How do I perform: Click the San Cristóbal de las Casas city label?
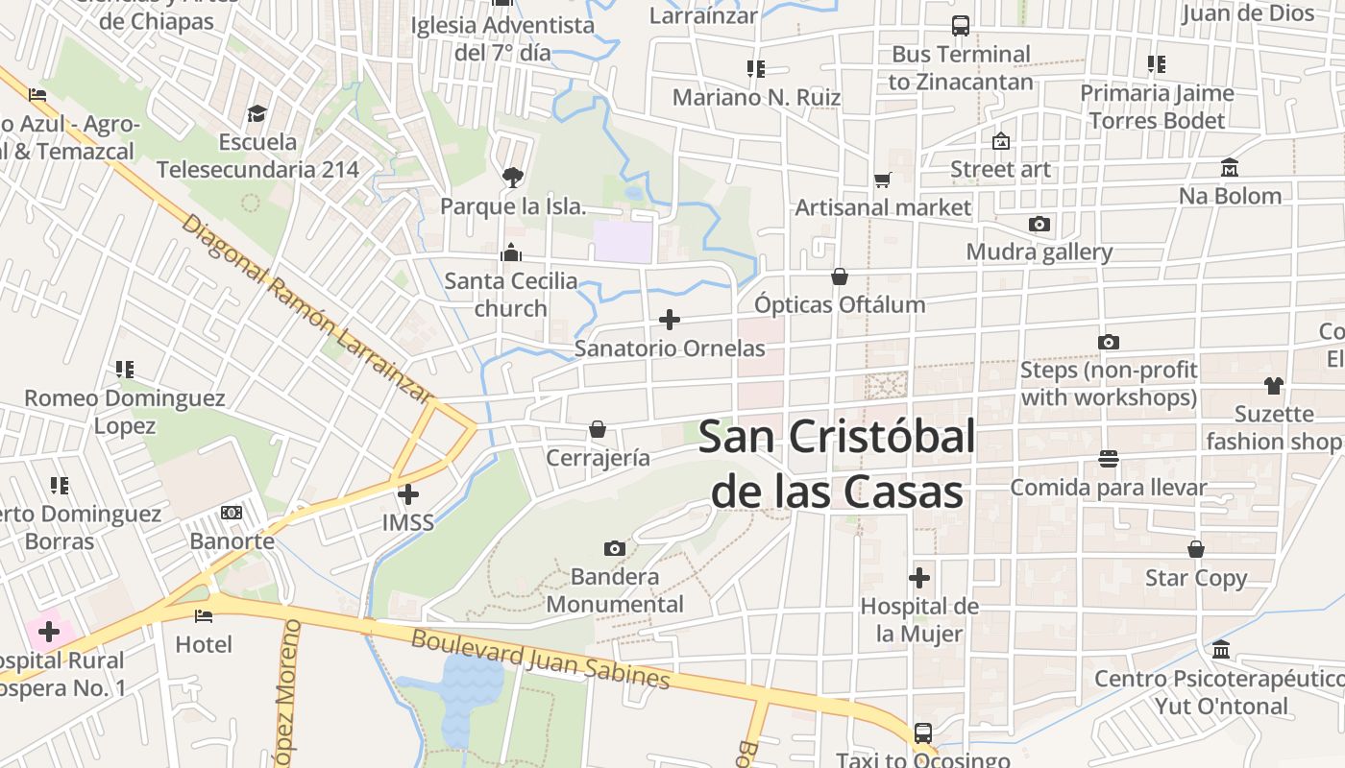point(836,465)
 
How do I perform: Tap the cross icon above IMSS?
point(408,494)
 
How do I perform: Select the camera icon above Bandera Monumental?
point(615,549)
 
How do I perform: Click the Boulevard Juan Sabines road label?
point(540,659)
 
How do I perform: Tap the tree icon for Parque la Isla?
point(512,177)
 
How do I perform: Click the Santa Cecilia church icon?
point(511,252)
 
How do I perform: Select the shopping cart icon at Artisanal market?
point(883,180)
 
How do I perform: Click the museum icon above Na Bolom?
point(1230,168)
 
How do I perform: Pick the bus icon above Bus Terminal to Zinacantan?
point(960,26)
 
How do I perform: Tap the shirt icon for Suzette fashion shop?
point(1274,386)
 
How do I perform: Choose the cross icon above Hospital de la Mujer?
point(919,578)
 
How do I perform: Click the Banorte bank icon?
point(232,513)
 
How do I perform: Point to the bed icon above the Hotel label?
point(204,615)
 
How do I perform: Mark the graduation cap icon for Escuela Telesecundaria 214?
point(257,114)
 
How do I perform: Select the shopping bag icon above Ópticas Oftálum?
point(840,276)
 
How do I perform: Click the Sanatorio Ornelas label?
point(670,348)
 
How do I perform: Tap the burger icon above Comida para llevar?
point(1108,459)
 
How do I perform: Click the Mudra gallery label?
point(1039,252)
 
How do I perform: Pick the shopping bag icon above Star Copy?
point(1196,549)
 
